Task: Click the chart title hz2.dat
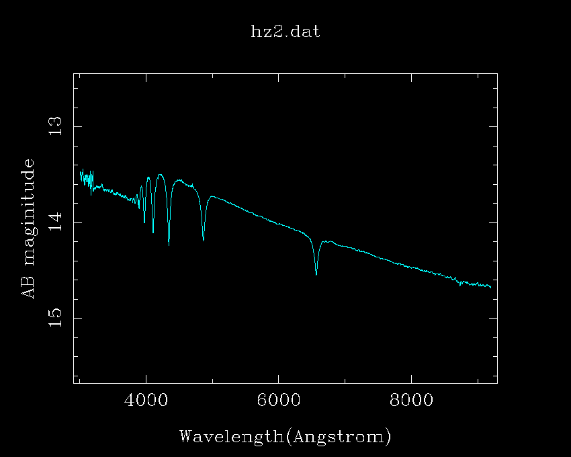285,32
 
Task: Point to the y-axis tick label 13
56,126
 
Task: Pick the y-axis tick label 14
56,222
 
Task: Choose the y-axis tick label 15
56,317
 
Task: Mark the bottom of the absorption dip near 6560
316,274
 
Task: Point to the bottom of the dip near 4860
204,240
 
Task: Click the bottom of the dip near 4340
169,245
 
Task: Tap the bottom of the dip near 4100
153,233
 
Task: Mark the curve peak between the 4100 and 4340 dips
160,175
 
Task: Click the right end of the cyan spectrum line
491,288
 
